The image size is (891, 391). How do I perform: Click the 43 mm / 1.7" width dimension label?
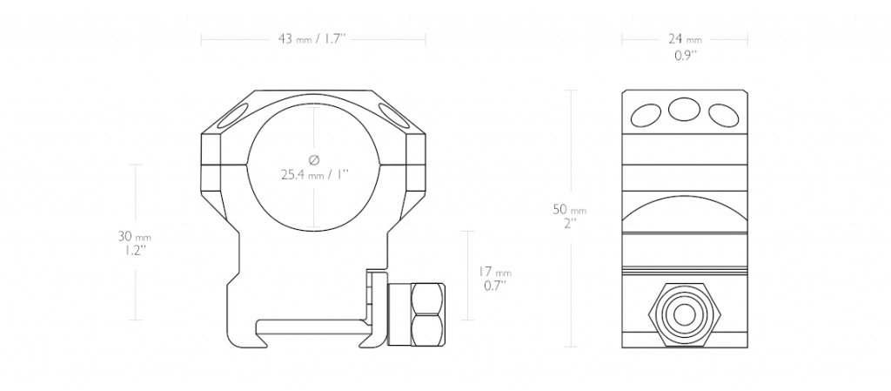pyautogui.click(x=312, y=39)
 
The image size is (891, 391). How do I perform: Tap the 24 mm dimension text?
pyautogui.click(x=685, y=39)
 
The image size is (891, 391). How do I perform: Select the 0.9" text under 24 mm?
pyautogui.click(x=685, y=56)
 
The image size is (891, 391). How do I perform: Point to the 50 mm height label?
pyautogui.click(x=570, y=210)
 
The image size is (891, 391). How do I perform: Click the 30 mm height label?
pyautogui.click(x=135, y=236)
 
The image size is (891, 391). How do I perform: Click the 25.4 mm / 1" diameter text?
pyautogui.click(x=314, y=174)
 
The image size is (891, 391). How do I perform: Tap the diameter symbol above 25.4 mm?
pyautogui.click(x=314, y=159)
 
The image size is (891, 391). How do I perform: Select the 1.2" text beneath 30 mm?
pyautogui.click(x=135, y=251)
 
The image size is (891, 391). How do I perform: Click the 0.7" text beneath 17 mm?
pyautogui.click(x=495, y=287)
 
